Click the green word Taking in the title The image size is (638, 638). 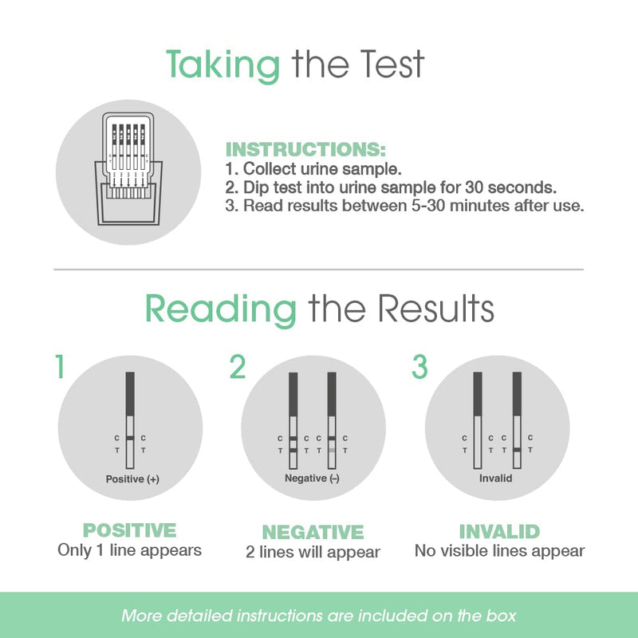[x=223, y=65]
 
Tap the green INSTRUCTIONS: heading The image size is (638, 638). [x=306, y=149]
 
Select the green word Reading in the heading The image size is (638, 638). [x=221, y=308]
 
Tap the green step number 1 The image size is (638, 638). [x=59, y=367]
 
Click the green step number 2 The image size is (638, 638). [x=238, y=367]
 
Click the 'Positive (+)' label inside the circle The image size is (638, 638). [x=132, y=479]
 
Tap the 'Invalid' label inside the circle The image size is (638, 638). [x=495, y=478]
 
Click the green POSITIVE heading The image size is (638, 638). [x=129, y=530]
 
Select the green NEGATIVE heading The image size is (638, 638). [x=313, y=532]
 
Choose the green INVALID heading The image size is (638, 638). [x=499, y=531]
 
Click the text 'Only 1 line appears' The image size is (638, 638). [x=129, y=550]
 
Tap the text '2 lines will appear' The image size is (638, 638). [x=313, y=552]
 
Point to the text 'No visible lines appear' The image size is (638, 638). [x=499, y=550]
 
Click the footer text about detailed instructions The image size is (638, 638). [x=319, y=616]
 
